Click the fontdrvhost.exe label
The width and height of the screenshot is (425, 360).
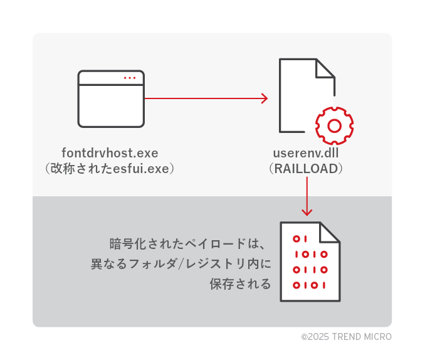(x=110, y=153)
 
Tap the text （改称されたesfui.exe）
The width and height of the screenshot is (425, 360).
(x=110, y=168)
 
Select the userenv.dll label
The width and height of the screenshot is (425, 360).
(x=306, y=153)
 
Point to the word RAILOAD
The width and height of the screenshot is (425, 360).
(x=306, y=168)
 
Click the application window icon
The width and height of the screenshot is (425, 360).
(x=111, y=98)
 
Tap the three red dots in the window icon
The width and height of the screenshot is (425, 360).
(x=130, y=78)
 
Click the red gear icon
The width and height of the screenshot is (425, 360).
(x=335, y=125)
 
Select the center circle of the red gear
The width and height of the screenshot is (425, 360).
(x=335, y=126)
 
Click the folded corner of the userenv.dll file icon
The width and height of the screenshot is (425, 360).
(x=325, y=68)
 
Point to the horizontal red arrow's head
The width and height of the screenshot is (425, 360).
(x=265, y=98)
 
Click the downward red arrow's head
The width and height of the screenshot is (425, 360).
(x=307, y=211)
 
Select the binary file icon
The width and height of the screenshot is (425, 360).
(x=310, y=261)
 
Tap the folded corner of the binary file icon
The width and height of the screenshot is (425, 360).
(x=330, y=232)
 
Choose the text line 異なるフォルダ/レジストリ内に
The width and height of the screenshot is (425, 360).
(x=181, y=263)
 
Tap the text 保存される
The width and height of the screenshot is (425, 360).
(x=240, y=284)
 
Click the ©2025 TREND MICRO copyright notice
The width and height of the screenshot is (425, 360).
(x=346, y=337)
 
